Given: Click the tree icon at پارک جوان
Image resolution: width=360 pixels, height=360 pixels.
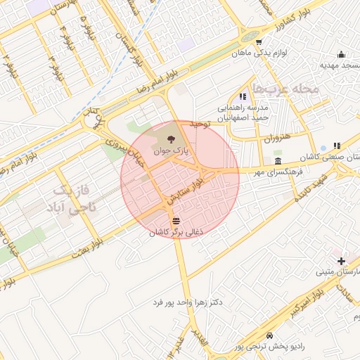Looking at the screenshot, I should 172,136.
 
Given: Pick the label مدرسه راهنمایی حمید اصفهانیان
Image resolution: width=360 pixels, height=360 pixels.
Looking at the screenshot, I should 243,113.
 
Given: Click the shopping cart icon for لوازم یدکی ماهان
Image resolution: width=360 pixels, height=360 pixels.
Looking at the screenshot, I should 259,41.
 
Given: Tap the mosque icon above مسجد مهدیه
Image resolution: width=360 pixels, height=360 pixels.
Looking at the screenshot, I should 341,55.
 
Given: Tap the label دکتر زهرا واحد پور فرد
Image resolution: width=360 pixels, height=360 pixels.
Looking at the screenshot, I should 188,302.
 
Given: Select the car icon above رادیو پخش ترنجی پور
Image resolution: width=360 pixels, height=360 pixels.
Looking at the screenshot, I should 271,336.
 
